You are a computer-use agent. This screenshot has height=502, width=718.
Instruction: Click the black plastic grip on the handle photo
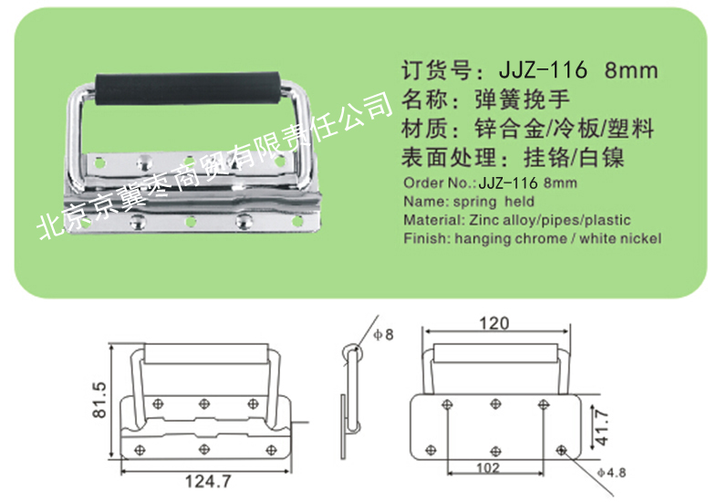click(187, 88)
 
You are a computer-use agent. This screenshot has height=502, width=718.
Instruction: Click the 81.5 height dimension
click(99, 400)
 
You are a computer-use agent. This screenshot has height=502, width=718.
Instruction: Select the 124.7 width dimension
click(208, 481)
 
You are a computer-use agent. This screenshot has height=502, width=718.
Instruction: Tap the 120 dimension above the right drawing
click(494, 323)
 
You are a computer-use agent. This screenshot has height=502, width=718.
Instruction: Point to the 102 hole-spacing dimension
click(488, 468)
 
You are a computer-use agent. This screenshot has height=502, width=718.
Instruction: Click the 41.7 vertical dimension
click(602, 428)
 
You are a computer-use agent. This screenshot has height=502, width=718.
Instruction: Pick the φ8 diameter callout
click(384, 334)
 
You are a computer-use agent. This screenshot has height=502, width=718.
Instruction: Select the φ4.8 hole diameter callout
click(612, 472)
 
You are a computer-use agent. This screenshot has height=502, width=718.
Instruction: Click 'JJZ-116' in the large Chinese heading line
click(543, 70)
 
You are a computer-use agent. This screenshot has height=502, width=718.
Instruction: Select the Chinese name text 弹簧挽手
click(522, 99)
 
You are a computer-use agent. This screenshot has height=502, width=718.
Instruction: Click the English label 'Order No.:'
click(439, 183)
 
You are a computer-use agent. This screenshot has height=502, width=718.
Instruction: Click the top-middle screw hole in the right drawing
click(495, 404)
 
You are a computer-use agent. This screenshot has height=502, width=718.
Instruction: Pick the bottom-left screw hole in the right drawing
click(431, 450)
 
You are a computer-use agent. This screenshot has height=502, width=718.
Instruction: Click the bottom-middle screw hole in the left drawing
click(204, 449)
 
